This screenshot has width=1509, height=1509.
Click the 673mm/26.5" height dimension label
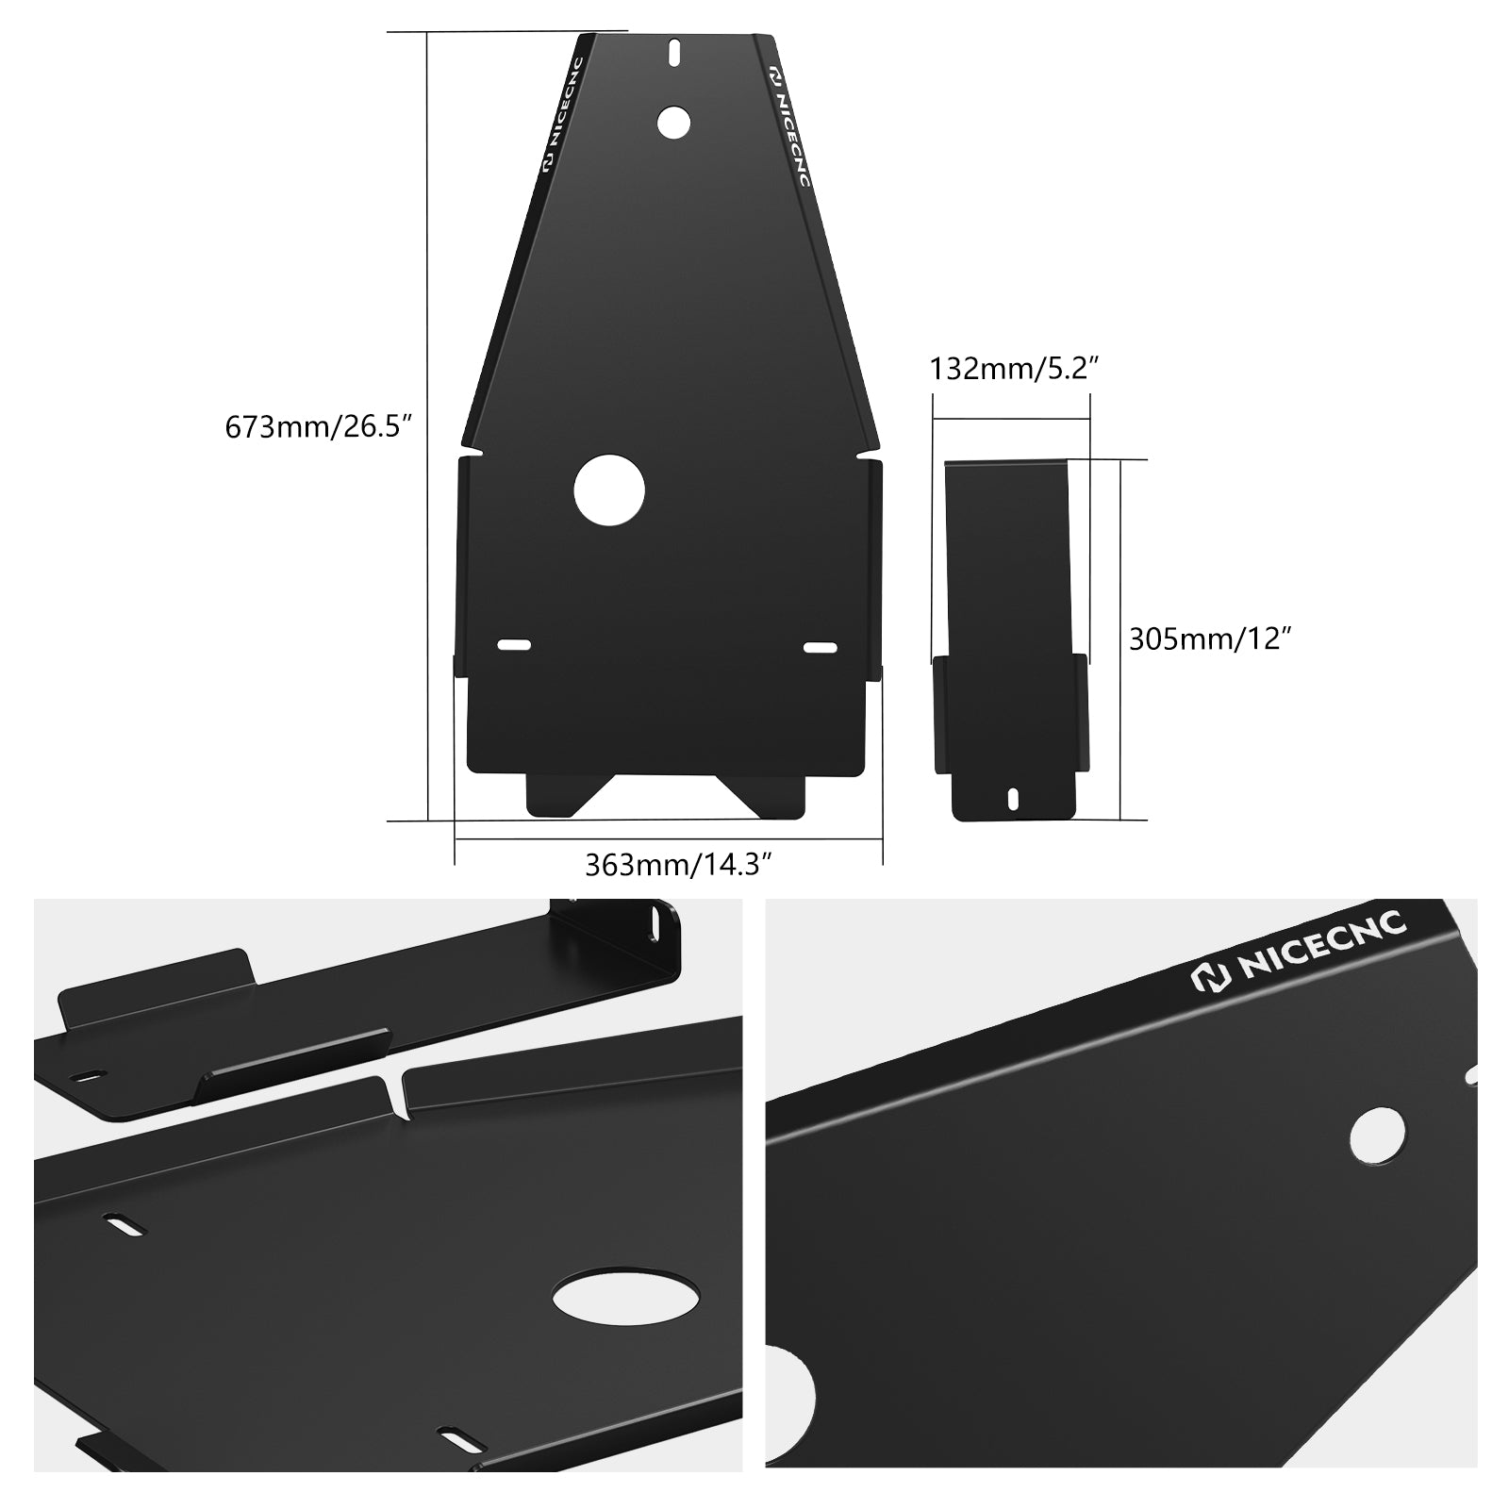click(319, 427)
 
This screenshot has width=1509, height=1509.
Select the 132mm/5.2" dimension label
click(1015, 368)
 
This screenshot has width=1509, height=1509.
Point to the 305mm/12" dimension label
click(1208, 639)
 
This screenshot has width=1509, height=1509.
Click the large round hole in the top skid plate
click(609, 490)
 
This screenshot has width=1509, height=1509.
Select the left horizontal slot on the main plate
click(514, 645)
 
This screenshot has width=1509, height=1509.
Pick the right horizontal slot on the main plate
click(821, 647)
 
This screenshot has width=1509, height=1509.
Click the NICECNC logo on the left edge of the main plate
click(564, 115)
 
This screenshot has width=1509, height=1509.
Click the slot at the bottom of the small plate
click(1013, 798)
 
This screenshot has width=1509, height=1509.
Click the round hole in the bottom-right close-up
click(1377, 1134)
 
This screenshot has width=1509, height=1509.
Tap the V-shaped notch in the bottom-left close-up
click(397, 1094)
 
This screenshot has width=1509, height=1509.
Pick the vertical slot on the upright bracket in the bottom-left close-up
click(651, 926)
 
